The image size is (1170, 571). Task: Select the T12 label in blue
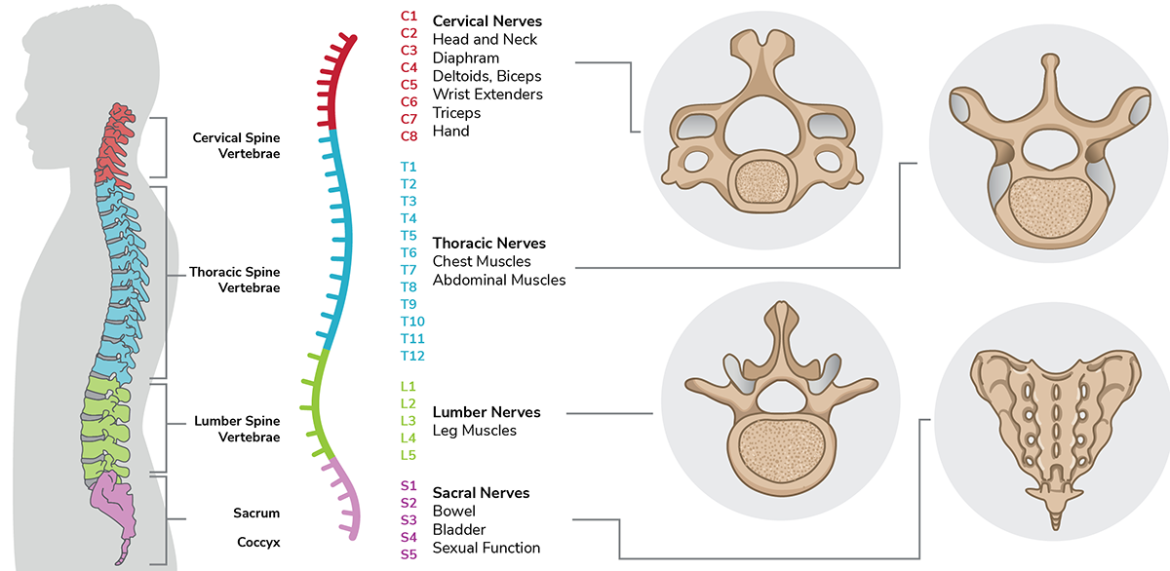pyautogui.click(x=412, y=356)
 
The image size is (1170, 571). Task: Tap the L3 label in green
pyautogui.click(x=409, y=420)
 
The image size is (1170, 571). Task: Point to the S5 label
pyautogui.click(x=409, y=554)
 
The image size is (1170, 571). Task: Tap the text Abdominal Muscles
pyautogui.click(x=499, y=280)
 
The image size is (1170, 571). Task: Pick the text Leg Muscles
pyautogui.click(x=475, y=430)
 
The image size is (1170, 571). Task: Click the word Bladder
pyautogui.click(x=459, y=529)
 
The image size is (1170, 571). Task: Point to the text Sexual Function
pyautogui.click(x=487, y=548)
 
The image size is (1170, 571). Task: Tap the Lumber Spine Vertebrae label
pyautogui.click(x=237, y=429)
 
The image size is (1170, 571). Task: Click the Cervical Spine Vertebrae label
pyautogui.click(x=236, y=146)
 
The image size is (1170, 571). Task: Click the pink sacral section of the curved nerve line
pyautogui.click(x=346, y=497)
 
